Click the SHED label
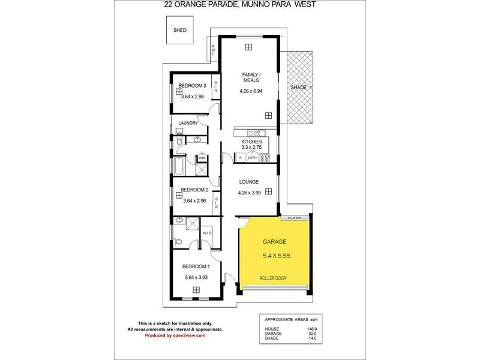[x=179, y=29]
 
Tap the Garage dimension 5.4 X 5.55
[x=277, y=256]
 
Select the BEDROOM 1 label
[x=196, y=266]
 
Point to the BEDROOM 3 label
[x=192, y=86]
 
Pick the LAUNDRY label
[x=188, y=124]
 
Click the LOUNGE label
[x=248, y=182]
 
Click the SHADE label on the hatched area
[x=298, y=88]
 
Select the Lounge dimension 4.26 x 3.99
[x=250, y=193]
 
